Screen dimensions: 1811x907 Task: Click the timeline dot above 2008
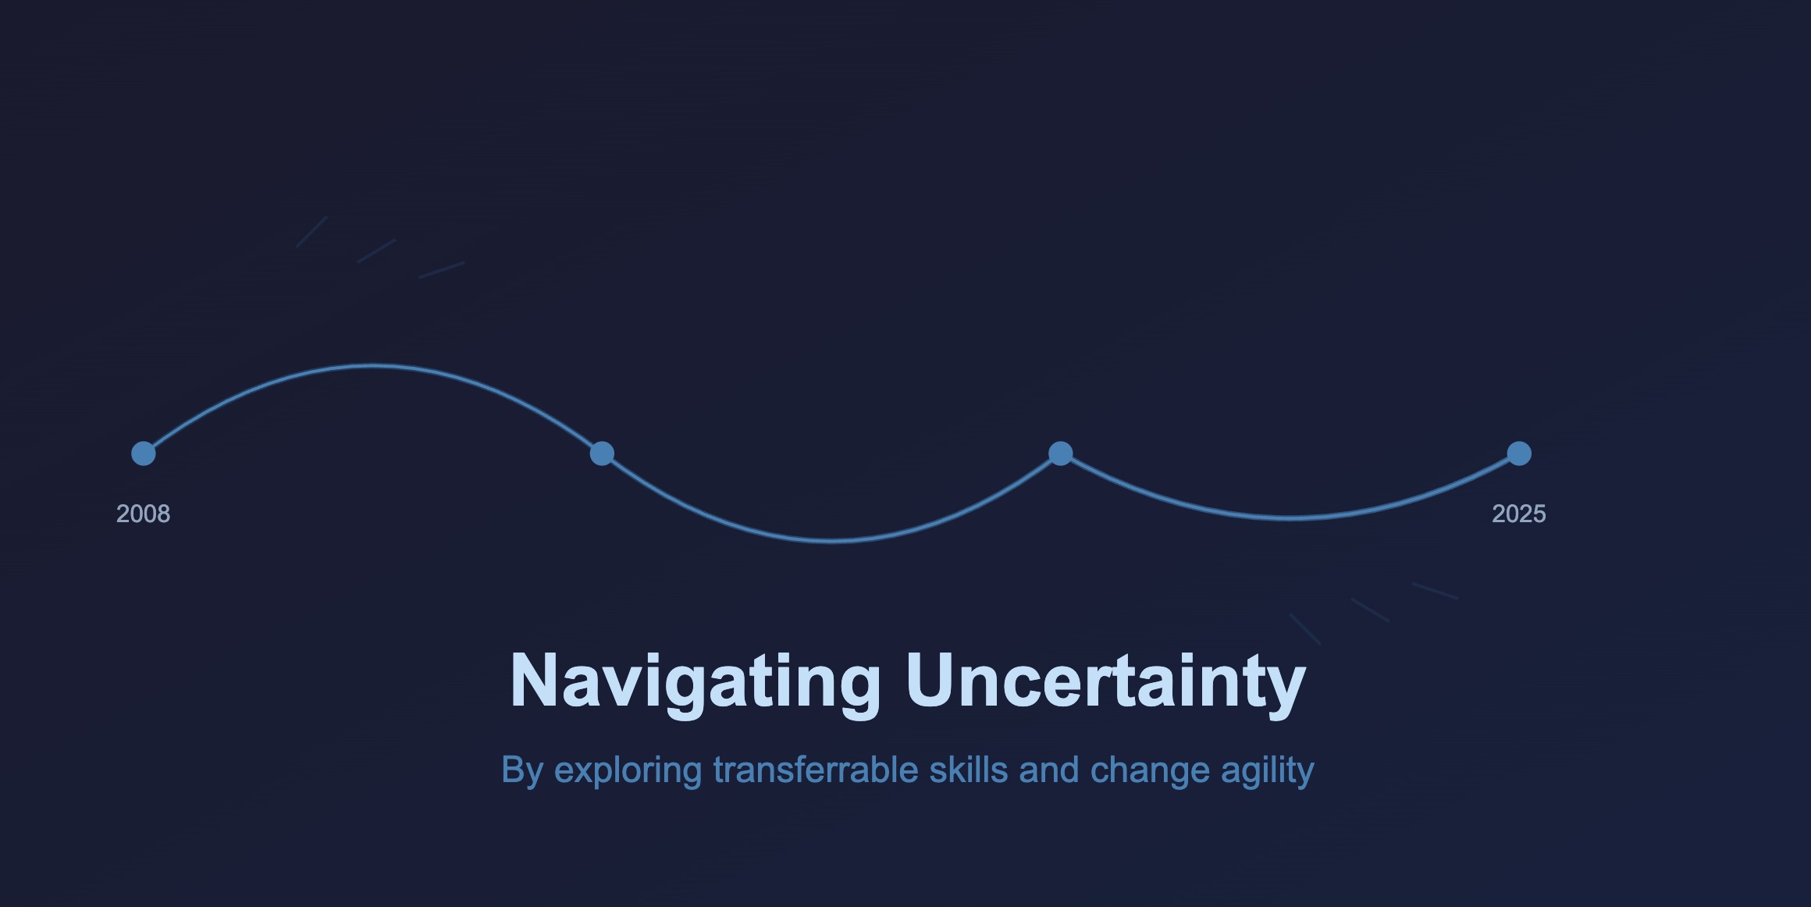tap(144, 453)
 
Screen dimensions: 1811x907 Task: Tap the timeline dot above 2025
tap(1519, 453)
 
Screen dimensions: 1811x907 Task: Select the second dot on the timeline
tap(602, 453)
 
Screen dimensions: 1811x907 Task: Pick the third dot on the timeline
tap(1060, 453)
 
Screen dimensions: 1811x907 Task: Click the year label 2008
tap(144, 514)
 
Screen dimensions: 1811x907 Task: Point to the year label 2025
tap(1519, 514)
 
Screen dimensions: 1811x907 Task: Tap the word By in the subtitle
tap(522, 771)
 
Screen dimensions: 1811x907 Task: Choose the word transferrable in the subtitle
tap(815, 770)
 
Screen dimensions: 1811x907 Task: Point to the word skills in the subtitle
tap(969, 770)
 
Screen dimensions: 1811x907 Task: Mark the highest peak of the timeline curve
tap(373, 365)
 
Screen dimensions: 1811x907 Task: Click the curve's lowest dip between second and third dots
tap(831, 540)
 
